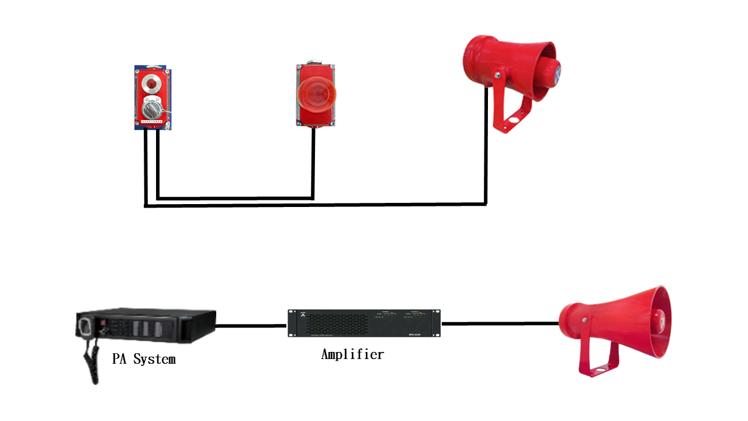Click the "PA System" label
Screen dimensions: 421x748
point(144,358)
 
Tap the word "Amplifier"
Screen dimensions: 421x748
point(352,354)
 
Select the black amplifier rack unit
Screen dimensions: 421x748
point(364,323)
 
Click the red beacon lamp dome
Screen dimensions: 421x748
point(315,93)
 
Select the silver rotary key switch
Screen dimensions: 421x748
point(151,108)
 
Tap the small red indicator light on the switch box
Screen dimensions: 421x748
point(151,85)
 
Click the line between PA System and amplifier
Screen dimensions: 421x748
point(252,326)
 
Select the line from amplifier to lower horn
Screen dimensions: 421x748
point(500,323)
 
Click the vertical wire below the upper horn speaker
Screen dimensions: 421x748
point(486,152)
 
